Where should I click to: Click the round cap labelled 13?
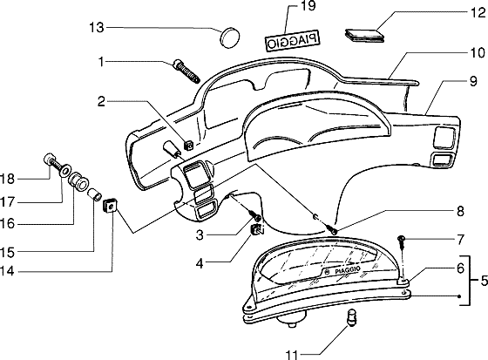231,37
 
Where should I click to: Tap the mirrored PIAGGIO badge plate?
293,40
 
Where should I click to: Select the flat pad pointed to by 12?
365,35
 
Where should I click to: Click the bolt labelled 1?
186,71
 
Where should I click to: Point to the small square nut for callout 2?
188,145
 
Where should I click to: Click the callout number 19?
308,5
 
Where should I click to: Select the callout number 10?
478,53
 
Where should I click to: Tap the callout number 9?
473,82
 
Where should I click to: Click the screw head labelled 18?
49,159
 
